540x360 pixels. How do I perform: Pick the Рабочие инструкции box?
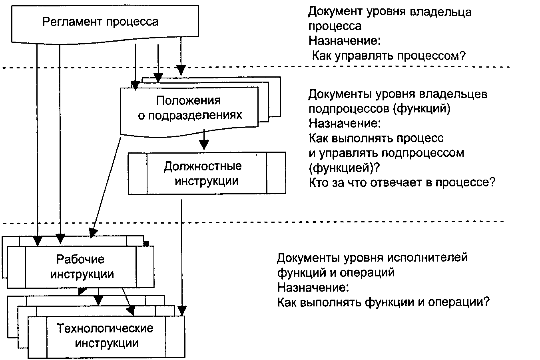click(80, 267)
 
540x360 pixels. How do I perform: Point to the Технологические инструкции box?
click(106, 336)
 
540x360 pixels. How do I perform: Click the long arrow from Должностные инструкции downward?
click(182, 256)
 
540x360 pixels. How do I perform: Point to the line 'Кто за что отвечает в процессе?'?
click(402, 182)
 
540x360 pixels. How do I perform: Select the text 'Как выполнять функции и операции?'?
click(383, 301)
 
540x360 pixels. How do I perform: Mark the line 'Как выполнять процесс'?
click(376, 138)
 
